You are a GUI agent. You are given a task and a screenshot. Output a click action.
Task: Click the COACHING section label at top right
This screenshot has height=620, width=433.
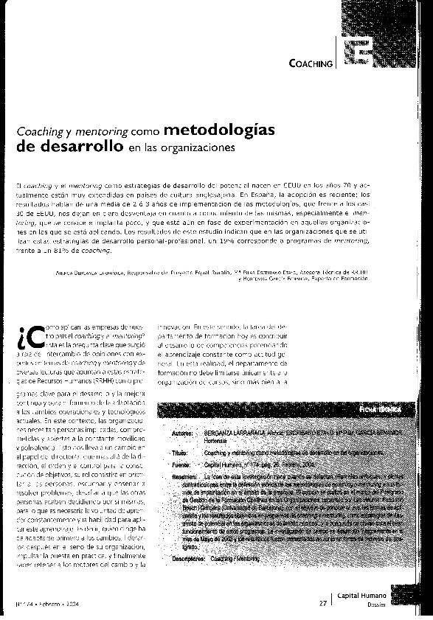(x=311, y=64)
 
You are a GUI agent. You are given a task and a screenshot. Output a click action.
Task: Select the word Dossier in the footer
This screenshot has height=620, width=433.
(x=370, y=605)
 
